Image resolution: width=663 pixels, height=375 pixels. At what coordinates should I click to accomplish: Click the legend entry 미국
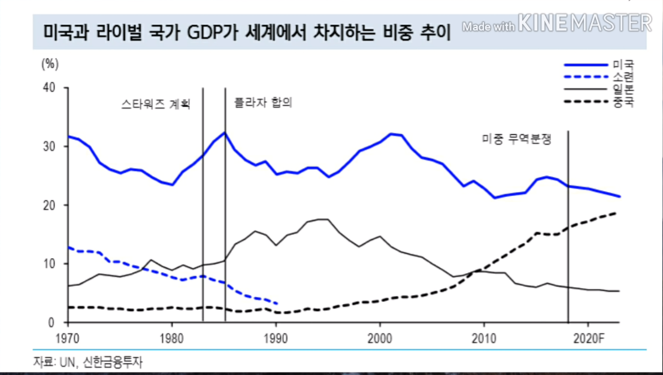click(x=623, y=65)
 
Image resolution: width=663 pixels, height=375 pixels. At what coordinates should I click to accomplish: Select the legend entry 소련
click(x=623, y=77)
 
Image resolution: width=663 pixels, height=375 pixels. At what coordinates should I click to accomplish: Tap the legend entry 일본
click(x=623, y=90)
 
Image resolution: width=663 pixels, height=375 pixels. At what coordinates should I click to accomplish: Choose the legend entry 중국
click(x=623, y=102)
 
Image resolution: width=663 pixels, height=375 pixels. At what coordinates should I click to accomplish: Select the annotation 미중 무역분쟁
click(x=516, y=139)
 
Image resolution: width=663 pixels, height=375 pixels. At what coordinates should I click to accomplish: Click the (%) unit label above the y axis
click(x=50, y=63)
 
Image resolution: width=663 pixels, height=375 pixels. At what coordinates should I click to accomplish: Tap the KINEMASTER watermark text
click(x=585, y=24)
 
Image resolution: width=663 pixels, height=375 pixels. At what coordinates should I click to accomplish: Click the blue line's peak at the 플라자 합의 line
click(x=225, y=132)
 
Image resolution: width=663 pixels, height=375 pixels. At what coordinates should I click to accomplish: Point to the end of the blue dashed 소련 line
click(x=276, y=304)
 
